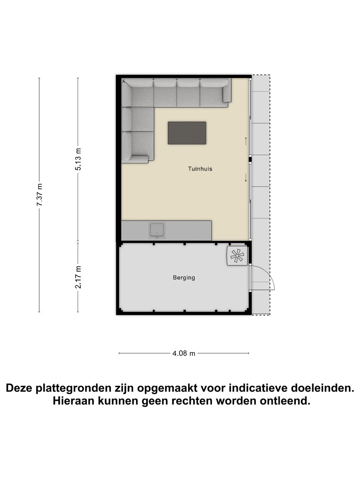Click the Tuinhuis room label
pyautogui.click(x=200, y=169)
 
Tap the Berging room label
pyautogui.click(x=184, y=277)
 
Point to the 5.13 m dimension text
pyautogui.click(x=78, y=159)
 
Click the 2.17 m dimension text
pyautogui.click(x=78, y=277)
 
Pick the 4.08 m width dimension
pyautogui.click(x=184, y=353)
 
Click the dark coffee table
pyautogui.click(x=187, y=133)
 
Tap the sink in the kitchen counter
pyautogui.click(x=157, y=230)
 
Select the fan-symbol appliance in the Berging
pyautogui.click(x=237, y=256)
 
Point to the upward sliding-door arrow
pyautogui.click(x=246, y=141)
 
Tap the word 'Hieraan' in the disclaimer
pyautogui.click(x=73, y=401)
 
